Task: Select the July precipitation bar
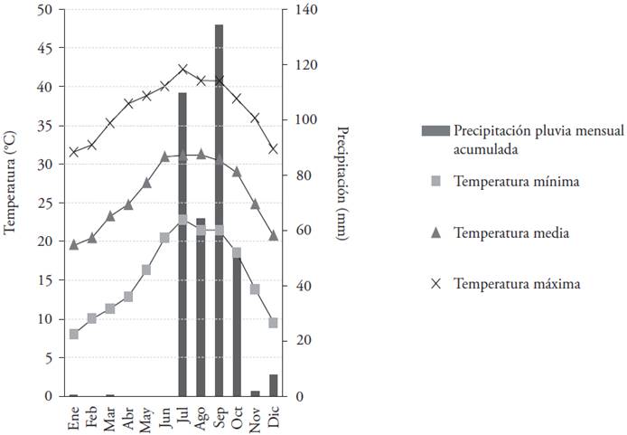click(182, 244)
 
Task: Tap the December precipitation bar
click(273, 385)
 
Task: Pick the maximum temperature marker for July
click(182, 69)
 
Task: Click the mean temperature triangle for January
click(74, 244)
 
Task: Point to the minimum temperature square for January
click(74, 334)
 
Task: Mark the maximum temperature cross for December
click(273, 149)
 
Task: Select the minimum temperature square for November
click(255, 289)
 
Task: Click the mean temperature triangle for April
click(128, 204)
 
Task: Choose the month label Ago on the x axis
click(201, 416)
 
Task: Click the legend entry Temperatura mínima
click(516, 181)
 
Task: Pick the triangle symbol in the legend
click(435, 232)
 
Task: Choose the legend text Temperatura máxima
click(517, 283)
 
